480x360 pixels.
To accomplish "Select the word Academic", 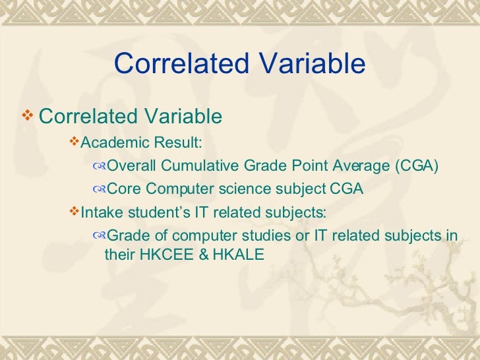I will pyautogui.click(x=114, y=142).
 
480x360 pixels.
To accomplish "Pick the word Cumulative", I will pyautogui.click(x=195, y=165).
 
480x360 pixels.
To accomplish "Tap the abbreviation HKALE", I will pyautogui.click(x=238, y=254).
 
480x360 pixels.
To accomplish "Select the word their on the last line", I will pyautogui.click(x=120, y=254).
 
